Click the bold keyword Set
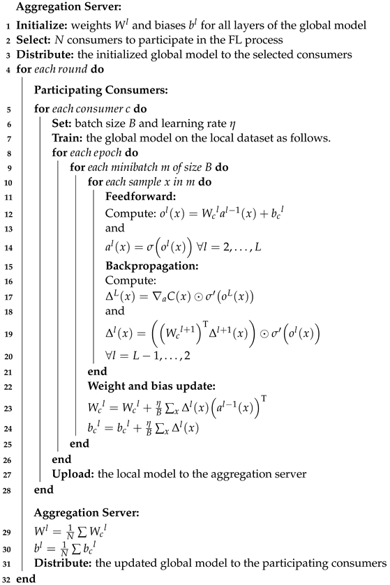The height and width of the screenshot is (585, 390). [60, 124]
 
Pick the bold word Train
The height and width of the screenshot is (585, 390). [66, 139]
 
